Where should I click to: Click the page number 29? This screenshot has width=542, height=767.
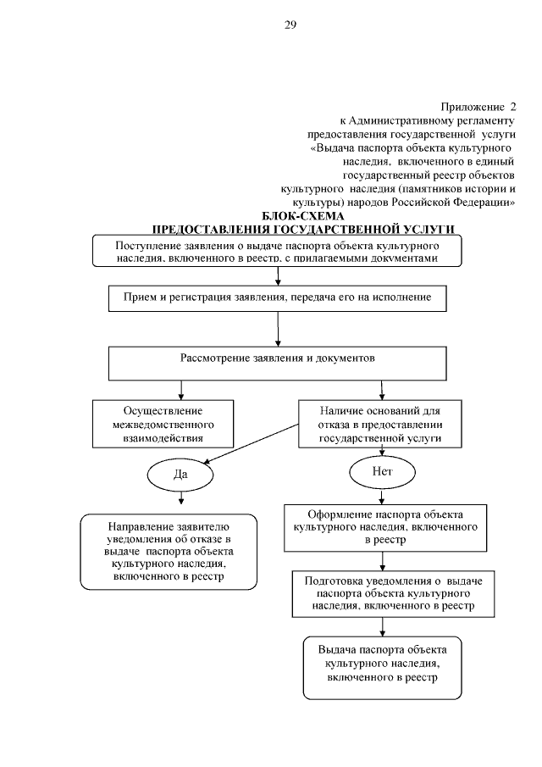pos(290,25)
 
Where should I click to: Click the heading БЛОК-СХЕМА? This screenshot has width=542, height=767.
pos(301,218)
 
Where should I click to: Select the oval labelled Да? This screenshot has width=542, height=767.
pos(180,474)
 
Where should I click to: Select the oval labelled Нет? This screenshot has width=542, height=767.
pos(383,470)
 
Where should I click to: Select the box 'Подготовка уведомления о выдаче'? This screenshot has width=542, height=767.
pos(382,593)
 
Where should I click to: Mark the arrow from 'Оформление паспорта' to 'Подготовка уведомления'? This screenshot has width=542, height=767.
pos(383,559)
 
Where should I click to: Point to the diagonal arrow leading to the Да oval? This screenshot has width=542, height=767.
pos(249,447)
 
